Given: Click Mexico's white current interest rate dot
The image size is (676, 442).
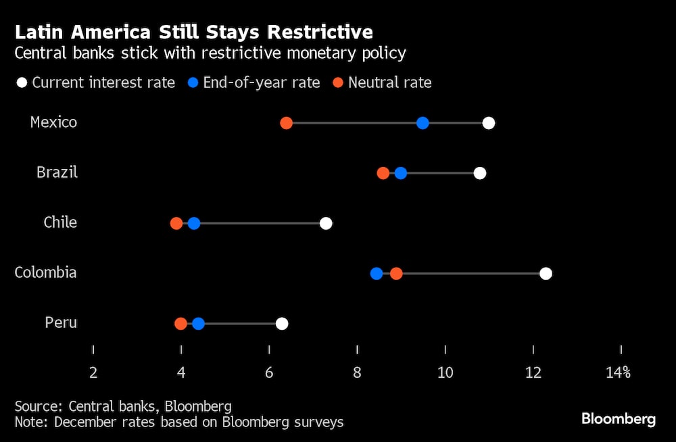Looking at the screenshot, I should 489,123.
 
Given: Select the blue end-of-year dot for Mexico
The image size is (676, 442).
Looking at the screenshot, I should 422,123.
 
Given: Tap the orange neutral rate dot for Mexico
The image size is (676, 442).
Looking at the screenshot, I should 286,123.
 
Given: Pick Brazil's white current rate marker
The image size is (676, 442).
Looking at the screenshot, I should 480,173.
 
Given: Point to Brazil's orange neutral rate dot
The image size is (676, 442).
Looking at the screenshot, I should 383,173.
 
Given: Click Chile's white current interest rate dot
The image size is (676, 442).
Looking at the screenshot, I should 326,224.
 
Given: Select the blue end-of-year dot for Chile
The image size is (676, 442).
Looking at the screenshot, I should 194,224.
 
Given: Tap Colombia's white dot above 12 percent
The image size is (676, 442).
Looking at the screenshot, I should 546,274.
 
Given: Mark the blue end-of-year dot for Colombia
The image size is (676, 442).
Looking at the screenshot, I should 377,274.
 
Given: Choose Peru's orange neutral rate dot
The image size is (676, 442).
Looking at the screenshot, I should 180,324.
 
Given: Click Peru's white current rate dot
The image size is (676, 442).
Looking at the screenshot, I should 282,324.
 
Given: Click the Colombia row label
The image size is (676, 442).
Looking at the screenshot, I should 45,272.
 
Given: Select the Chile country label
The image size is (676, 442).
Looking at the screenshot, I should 60,222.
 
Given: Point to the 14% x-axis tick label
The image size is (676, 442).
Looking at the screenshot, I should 619,372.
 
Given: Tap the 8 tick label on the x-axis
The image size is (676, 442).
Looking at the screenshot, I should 357,372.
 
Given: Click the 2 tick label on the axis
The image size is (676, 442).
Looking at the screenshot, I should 93,372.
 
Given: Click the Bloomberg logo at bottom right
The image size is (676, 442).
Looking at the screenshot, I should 619,419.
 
